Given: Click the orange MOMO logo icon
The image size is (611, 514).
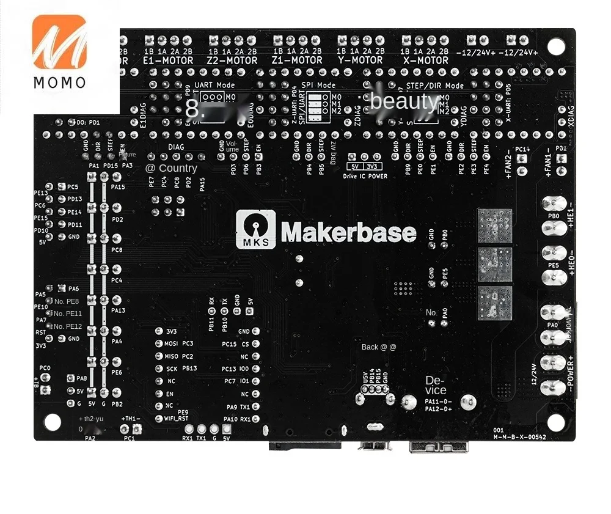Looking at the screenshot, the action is [59, 42].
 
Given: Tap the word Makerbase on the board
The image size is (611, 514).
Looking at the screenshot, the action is [348, 232].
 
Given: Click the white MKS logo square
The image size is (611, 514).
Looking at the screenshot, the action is [255, 229].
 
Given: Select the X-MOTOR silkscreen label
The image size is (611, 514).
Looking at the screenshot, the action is [425, 61].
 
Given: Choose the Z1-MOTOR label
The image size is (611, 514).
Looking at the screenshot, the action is [298, 61].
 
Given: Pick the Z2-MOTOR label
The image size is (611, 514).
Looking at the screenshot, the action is [232, 61].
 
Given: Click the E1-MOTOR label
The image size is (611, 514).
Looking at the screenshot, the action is [168, 61].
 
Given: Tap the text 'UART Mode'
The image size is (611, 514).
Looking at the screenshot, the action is [214, 86].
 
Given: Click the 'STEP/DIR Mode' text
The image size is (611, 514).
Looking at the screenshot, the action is [435, 86].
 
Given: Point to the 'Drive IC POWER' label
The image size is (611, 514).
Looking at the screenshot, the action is [365, 176].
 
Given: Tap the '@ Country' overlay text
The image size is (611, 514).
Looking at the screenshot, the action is [171, 168].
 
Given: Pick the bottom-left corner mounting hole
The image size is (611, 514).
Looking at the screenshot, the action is [53, 422].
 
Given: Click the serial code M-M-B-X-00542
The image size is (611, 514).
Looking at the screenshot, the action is [520, 436].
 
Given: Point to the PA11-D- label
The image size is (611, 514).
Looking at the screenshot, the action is [438, 402].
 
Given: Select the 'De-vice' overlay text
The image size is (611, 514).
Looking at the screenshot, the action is [436, 386].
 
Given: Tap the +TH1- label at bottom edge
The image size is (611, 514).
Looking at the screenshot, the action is [131, 419].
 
